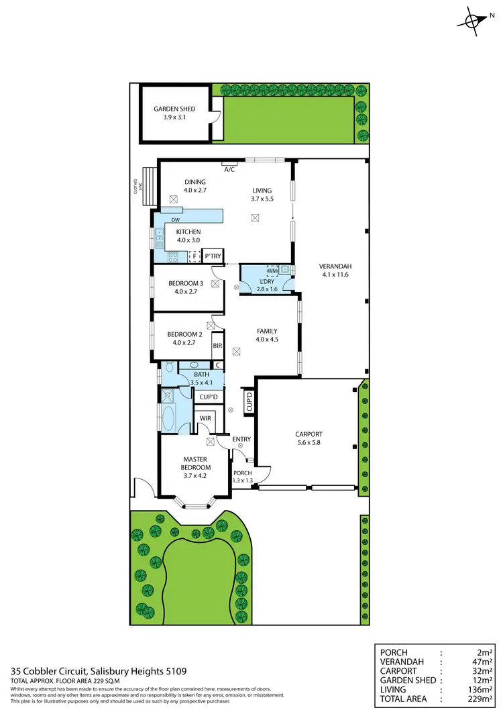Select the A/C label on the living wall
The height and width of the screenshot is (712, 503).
click(229, 170)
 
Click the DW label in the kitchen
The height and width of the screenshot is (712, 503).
click(175, 220)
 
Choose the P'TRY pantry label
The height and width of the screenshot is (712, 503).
click(213, 256)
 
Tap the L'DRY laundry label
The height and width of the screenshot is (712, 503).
click(266, 282)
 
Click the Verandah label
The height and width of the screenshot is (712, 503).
click(335, 266)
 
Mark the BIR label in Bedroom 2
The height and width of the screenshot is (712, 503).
click(217, 346)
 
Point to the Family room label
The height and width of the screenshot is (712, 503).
click(266, 331)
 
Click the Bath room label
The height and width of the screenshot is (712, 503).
click(201, 374)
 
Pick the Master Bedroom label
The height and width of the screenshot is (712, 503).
click(197, 463)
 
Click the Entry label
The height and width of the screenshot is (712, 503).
click(241, 440)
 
